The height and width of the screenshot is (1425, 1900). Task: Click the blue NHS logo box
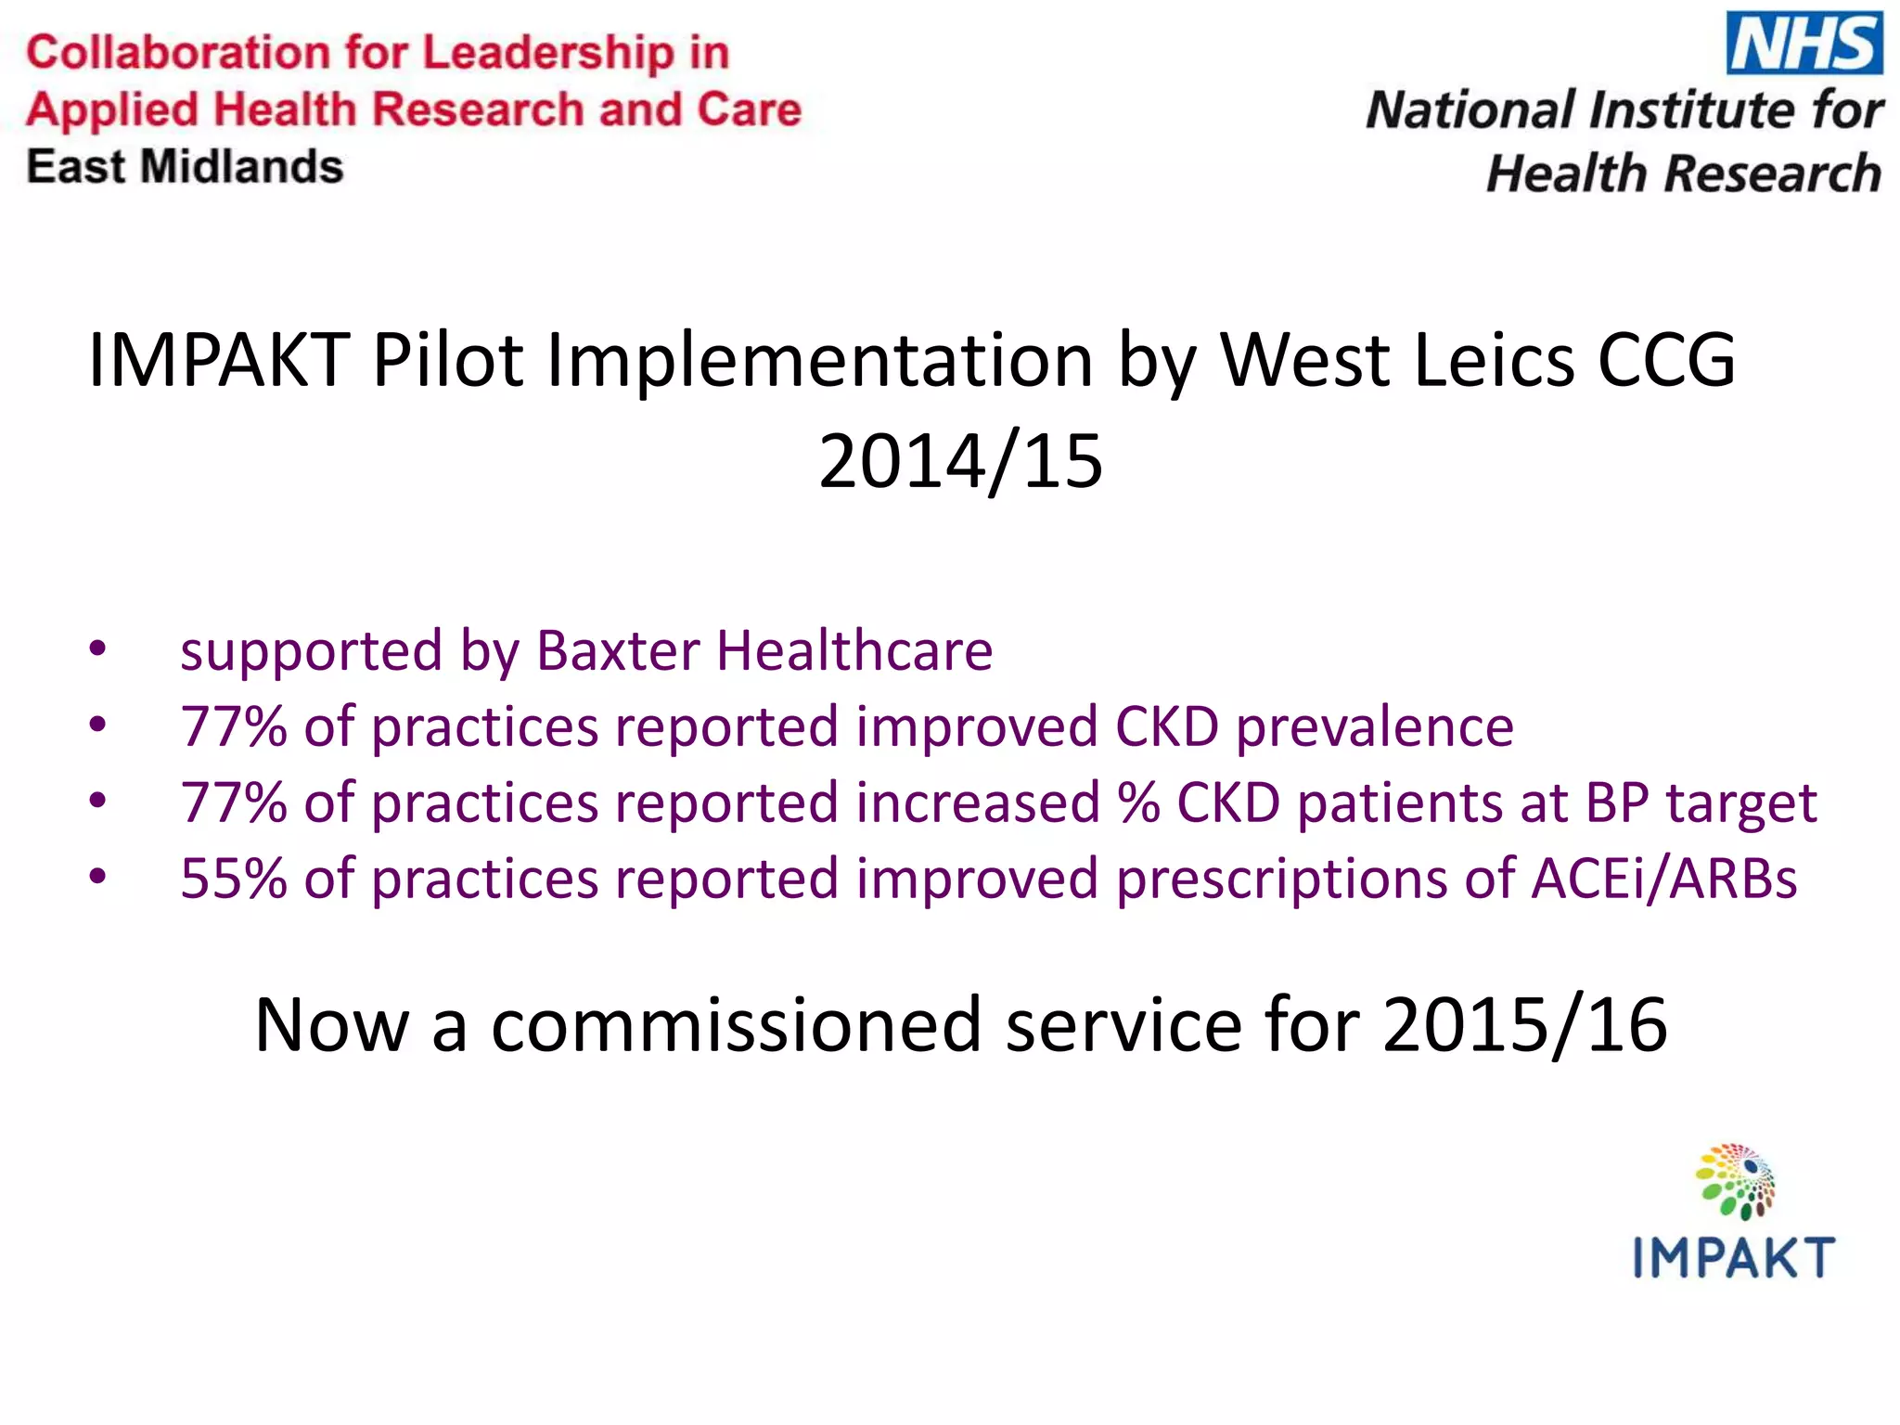coord(1804,43)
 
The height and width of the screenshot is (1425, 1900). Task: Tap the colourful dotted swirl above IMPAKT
coord(1735,1181)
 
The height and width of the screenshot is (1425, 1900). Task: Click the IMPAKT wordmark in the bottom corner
coord(1733,1258)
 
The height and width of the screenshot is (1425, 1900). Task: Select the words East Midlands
coord(185,167)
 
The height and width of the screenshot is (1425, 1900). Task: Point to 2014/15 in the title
coord(960,461)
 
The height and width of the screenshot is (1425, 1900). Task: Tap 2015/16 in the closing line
coord(1524,1025)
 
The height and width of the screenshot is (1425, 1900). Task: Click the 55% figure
coord(234,878)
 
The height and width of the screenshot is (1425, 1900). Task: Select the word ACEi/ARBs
coord(1664,878)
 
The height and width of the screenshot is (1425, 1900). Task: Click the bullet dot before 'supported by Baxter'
coord(97,649)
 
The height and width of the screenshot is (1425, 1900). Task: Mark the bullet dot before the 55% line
coord(97,877)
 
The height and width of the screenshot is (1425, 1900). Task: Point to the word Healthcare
coord(854,650)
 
